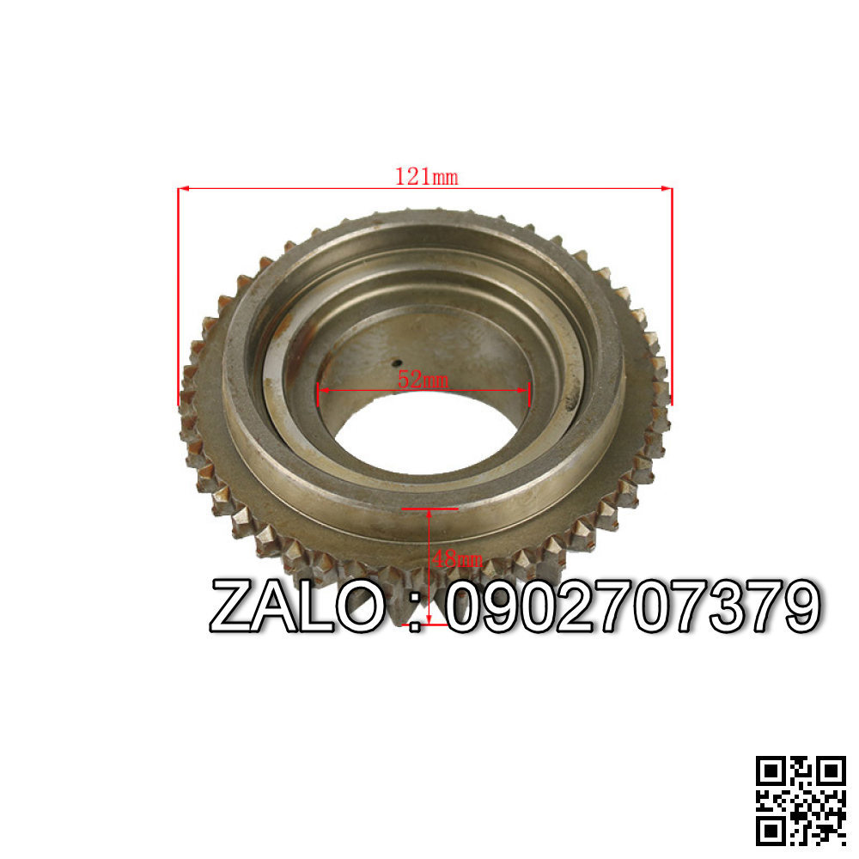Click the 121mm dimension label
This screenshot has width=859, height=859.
[x=426, y=177]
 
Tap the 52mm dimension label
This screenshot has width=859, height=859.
[x=423, y=379]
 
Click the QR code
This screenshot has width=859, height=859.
[x=801, y=801]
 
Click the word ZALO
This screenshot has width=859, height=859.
[x=297, y=606]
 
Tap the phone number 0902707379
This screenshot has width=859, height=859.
[x=633, y=606]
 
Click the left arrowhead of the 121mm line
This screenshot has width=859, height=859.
[x=183, y=188]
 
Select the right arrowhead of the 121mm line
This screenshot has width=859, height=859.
[x=667, y=188]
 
